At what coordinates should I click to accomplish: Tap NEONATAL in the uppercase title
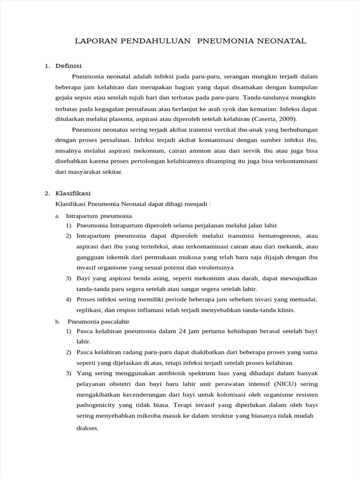click(281, 41)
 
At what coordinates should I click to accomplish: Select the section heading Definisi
click(68, 66)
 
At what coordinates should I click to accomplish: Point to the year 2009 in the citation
click(287, 119)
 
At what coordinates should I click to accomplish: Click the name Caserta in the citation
click(266, 119)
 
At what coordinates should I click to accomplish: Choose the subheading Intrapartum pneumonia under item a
click(99, 216)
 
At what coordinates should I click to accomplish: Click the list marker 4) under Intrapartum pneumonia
click(68, 300)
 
